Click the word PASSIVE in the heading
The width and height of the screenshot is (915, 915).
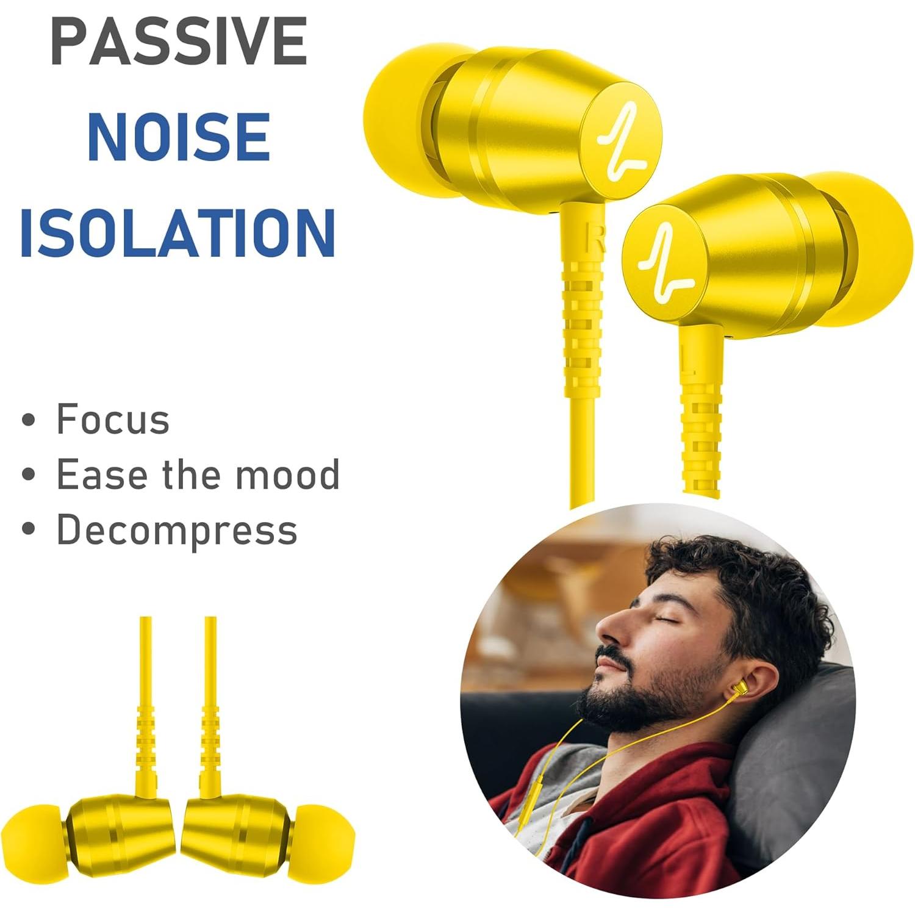(179, 41)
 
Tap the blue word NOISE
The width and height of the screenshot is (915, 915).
(179, 137)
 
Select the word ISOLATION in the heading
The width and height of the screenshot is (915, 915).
(178, 233)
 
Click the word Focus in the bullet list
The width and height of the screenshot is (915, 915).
(113, 419)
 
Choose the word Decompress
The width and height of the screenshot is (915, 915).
(177, 529)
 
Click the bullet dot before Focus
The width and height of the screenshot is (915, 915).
(28, 420)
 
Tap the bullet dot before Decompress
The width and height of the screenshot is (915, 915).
(28, 529)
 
